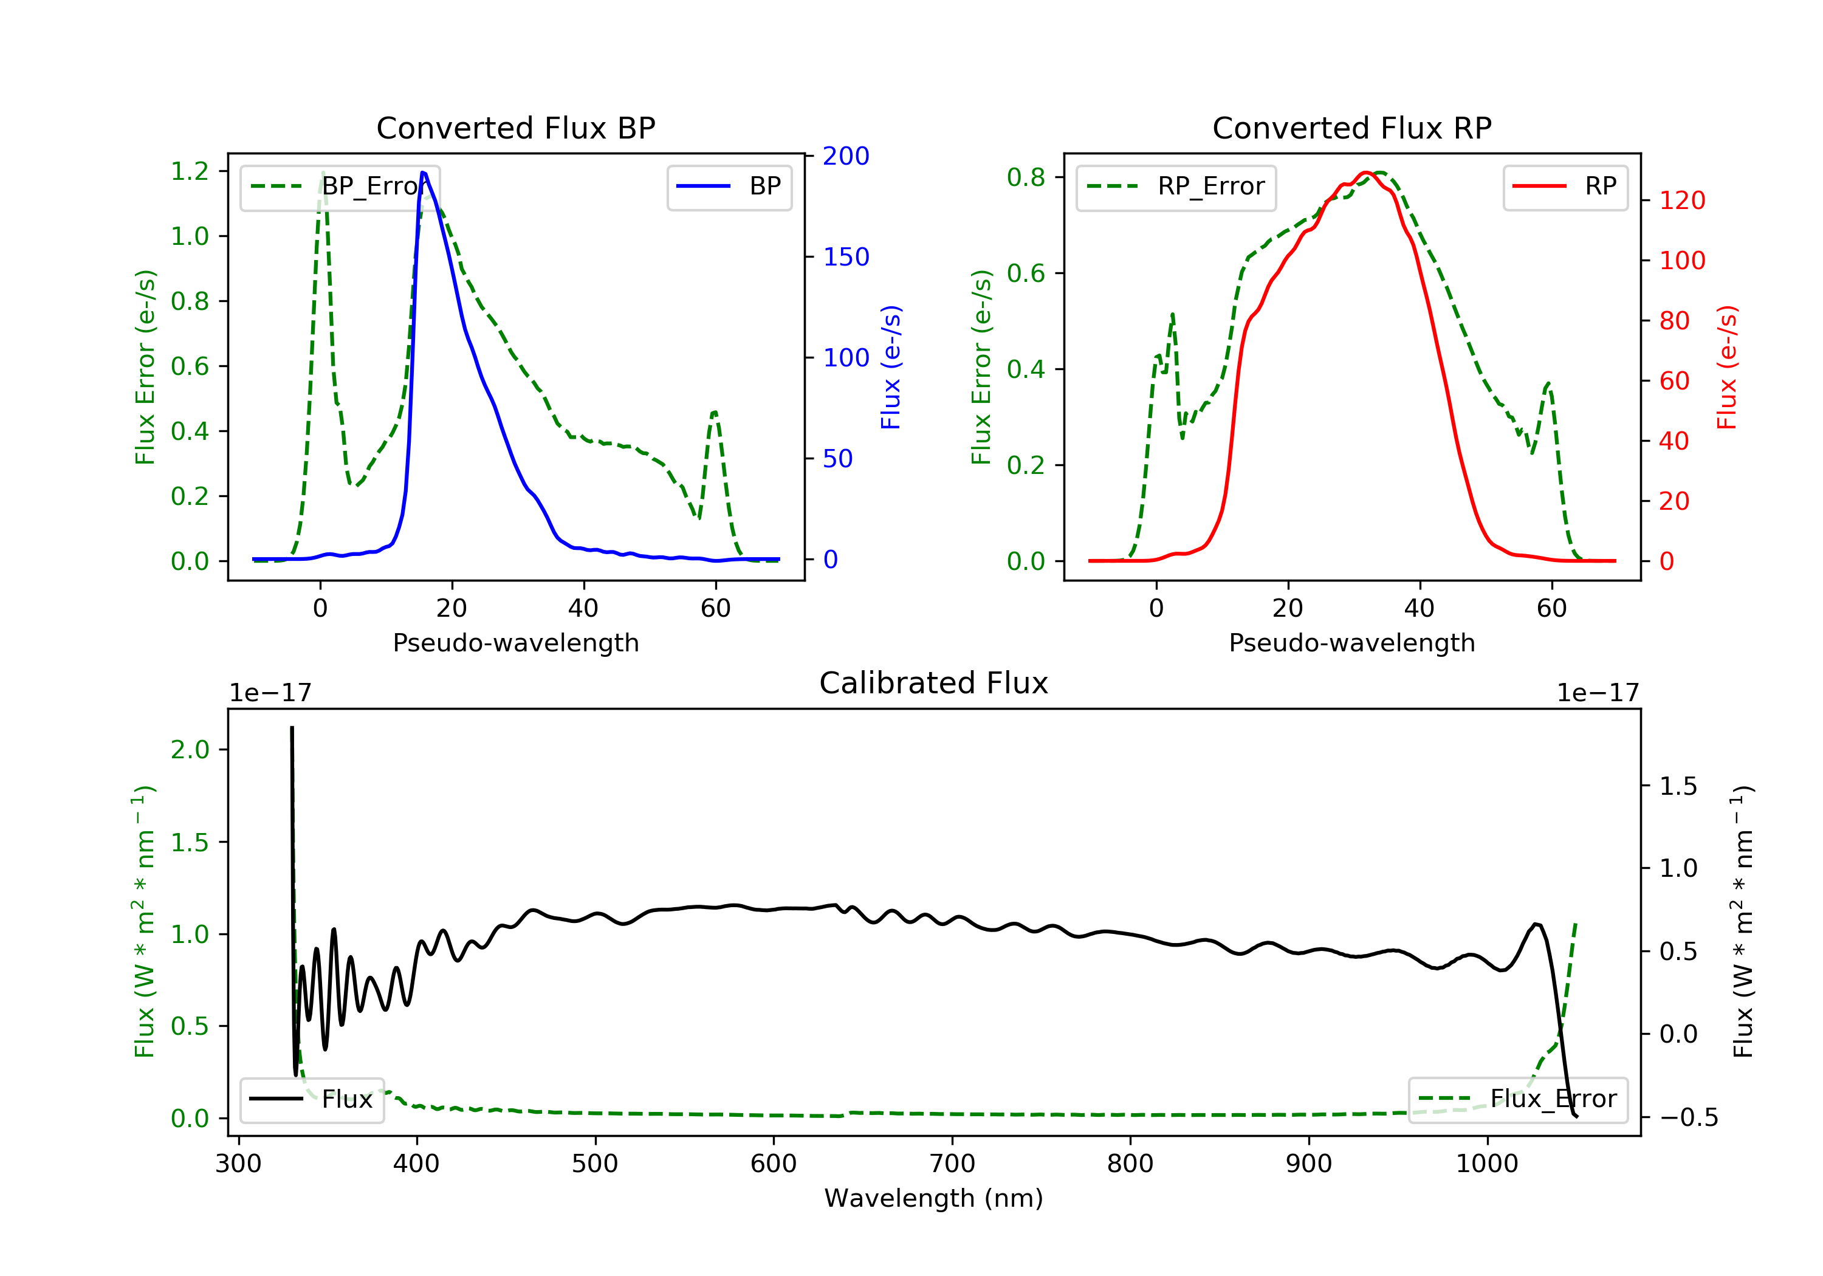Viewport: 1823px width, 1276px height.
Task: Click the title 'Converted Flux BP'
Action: [x=515, y=128]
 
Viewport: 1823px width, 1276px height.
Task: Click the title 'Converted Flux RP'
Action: [x=1351, y=128]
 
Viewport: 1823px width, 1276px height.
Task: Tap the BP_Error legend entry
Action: [x=340, y=187]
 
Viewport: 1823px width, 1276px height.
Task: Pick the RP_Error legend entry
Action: [x=1176, y=187]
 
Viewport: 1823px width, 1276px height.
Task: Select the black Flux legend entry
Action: [x=312, y=1099]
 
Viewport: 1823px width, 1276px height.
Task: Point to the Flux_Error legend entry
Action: [x=1517, y=1099]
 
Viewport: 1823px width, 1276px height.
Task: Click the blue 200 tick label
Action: [x=846, y=156]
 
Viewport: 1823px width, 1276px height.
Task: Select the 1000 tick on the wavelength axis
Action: [x=1486, y=1164]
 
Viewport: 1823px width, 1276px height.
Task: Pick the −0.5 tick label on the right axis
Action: [x=1689, y=1118]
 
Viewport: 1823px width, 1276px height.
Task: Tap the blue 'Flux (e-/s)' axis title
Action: [x=891, y=368]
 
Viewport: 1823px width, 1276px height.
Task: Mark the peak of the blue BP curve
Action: [x=423, y=173]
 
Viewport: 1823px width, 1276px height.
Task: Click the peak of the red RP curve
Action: [x=1365, y=173]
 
